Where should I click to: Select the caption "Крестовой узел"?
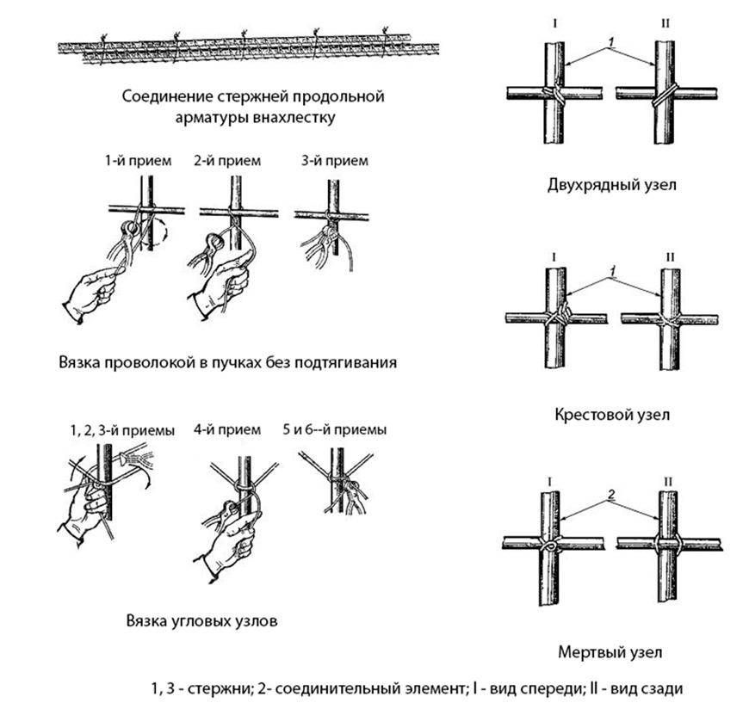click(612, 414)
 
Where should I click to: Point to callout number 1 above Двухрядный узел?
click(610, 40)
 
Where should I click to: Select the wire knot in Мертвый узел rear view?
click(667, 543)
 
